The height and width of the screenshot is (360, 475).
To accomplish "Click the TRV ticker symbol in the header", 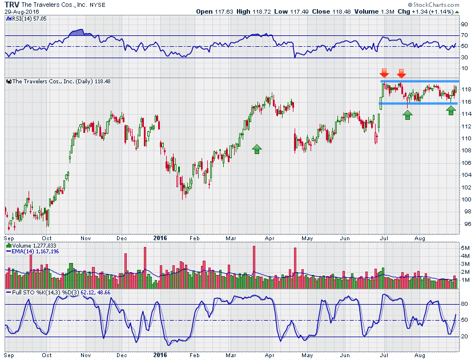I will tap(12, 4).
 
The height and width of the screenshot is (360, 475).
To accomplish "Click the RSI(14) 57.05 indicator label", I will tap(26, 19).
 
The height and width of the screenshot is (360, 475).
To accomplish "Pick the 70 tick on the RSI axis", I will tap(465, 35).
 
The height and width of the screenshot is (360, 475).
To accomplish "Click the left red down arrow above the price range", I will tap(385, 73).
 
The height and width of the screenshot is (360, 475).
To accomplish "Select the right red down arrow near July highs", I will tap(401, 73).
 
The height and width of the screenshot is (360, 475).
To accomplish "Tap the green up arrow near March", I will tap(257, 149).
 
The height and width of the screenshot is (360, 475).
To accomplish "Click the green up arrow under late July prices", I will tap(407, 114).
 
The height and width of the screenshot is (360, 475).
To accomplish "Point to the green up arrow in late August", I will tap(451, 110).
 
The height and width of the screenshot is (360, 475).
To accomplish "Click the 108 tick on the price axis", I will tap(466, 151).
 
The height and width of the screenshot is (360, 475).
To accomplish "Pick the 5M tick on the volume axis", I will tap(466, 248).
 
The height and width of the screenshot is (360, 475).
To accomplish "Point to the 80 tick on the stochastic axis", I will tap(465, 304).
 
